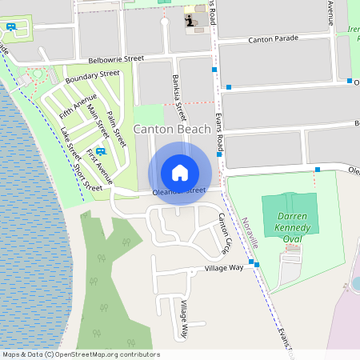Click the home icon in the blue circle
coord(179,172)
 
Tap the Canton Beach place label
coord(172,129)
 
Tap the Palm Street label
coord(116,129)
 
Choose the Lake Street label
coord(70,144)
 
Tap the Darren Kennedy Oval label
coord(292,222)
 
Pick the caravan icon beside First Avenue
coord(100,151)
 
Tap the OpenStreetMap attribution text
coord(80,354)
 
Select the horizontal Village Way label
coord(224,268)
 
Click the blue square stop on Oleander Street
coord(318,169)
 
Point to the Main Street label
coord(98,120)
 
